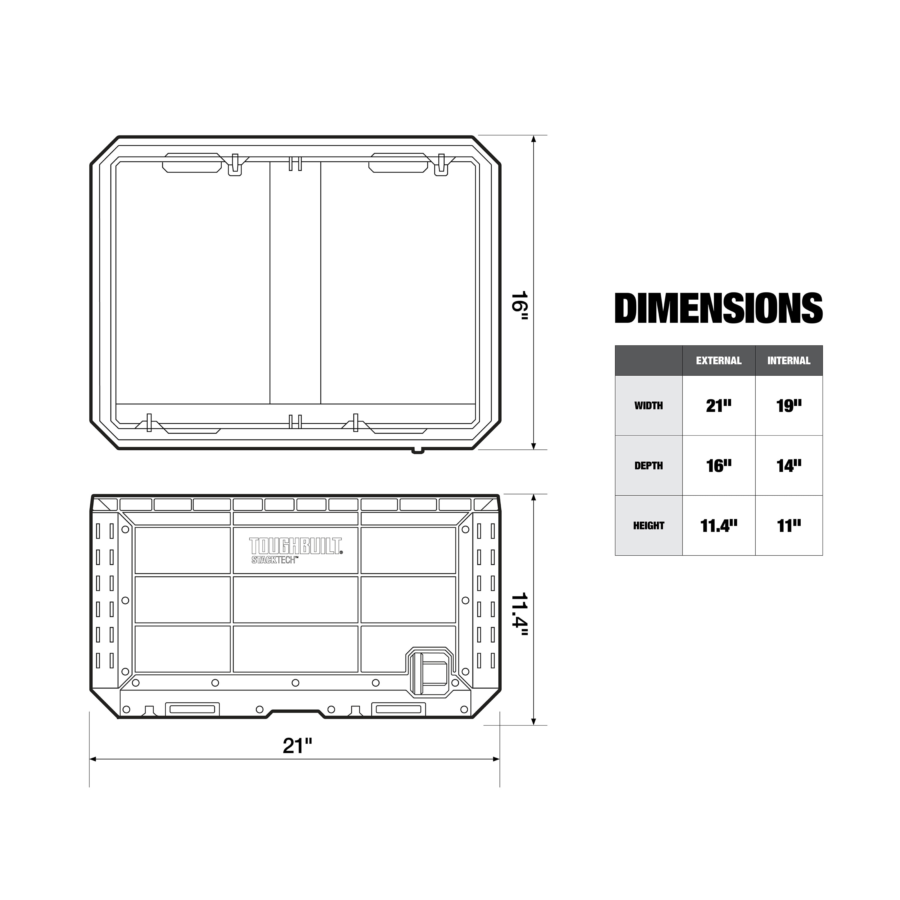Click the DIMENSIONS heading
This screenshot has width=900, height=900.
click(718, 308)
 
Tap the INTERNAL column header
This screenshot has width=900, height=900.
click(789, 361)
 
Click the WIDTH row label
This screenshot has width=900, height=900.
click(648, 406)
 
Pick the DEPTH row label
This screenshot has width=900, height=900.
click(648, 465)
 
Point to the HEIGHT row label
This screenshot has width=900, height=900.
click(648, 526)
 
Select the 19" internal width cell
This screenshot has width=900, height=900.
click(789, 406)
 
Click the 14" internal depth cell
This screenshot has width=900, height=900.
click(789, 465)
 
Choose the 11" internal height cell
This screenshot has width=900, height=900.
click(789, 526)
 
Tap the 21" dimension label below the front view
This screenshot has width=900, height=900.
click(297, 746)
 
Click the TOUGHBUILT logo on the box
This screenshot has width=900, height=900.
click(295, 546)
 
